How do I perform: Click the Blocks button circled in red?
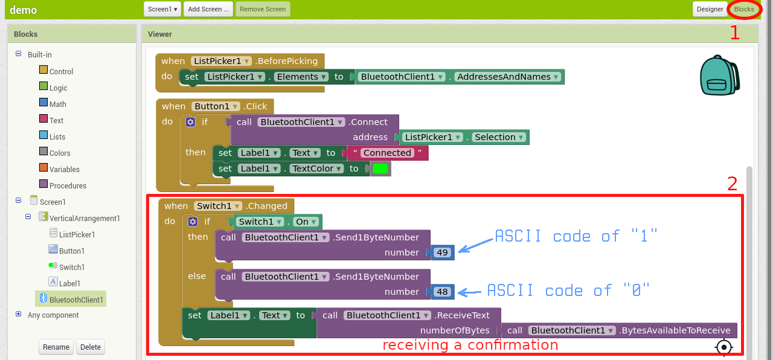(744, 9)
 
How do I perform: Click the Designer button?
(710, 9)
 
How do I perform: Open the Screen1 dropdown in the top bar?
(162, 9)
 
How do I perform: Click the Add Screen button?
(208, 9)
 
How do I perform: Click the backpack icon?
(720, 76)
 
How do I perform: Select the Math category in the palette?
(57, 104)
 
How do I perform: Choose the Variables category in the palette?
(64, 169)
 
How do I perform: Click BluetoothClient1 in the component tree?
(75, 300)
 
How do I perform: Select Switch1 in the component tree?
(71, 267)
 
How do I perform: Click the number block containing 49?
(443, 252)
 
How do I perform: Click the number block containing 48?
(443, 292)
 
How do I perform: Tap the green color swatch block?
(380, 169)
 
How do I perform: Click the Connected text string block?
(386, 153)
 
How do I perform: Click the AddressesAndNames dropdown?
(508, 77)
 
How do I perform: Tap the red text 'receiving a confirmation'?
(470, 346)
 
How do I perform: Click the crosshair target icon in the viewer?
(723, 347)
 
